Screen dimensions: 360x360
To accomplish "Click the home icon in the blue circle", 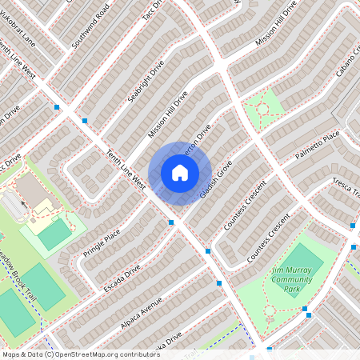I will click(x=180, y=172).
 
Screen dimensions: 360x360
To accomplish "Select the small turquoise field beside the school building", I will click(x=54, y=234).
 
